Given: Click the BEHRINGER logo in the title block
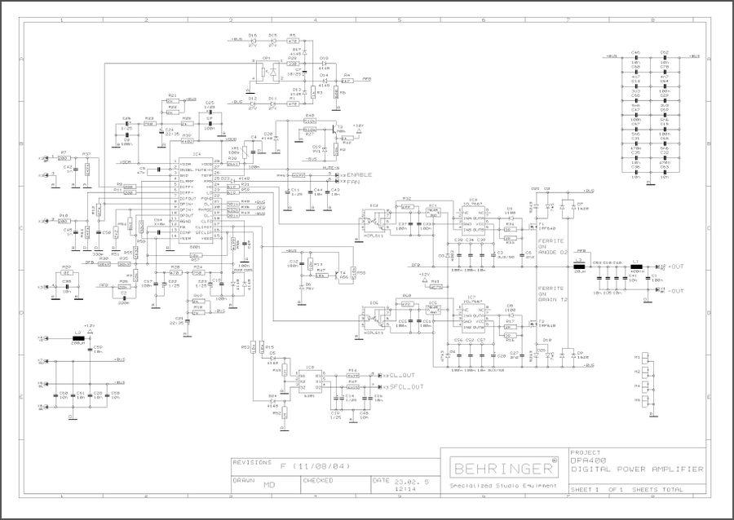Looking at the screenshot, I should tap(501, 469).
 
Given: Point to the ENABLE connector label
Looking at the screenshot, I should tap(359, 175).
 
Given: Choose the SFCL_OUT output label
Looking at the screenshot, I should tap(405, 386).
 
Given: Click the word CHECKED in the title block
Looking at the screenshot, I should tap(317, 481).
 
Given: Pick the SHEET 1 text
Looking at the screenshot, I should tap(584, 490).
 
